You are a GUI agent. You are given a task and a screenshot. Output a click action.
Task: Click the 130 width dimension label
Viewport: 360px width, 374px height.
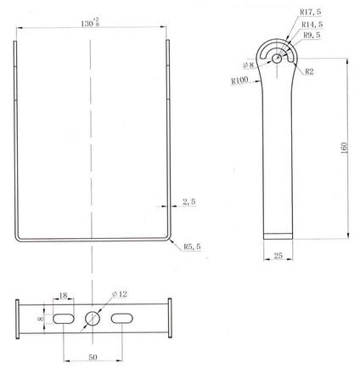click(x=90, y=23)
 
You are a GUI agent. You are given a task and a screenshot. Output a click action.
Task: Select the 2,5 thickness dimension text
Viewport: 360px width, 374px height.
click(x=189, y=201)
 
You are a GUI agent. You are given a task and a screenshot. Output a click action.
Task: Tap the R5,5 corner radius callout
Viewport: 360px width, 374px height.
click(x=192, y=246)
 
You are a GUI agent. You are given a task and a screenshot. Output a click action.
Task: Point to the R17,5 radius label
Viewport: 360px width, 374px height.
click(x=311, y=12)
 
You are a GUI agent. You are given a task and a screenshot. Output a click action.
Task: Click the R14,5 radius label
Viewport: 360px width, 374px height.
click(x=312, y=25)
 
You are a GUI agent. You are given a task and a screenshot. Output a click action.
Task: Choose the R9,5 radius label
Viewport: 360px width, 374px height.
click(x=312, y=35)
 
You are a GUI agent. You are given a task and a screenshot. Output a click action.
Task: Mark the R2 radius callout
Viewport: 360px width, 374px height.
click(x=309, y=71)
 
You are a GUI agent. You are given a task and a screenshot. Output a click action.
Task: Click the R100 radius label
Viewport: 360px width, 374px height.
click(x=239, y=81)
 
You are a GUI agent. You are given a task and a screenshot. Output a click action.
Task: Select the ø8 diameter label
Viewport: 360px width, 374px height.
click(x=249, y=65)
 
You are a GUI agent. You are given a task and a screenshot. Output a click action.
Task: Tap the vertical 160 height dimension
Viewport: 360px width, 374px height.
click(x=344, y=148)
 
